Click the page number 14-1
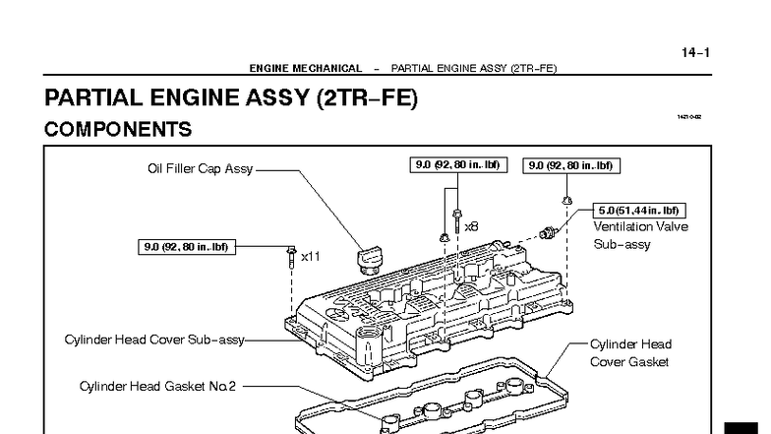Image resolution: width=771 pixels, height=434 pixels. pyautogui.click(x=695, y=52)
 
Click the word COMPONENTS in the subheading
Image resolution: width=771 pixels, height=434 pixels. pyautogui.click(x=118, y=129)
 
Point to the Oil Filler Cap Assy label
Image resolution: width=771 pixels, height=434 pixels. pyautogui.click(x=201, y=168)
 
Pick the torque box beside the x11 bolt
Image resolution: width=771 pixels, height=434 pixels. pyautogui.click(x=185, y=247)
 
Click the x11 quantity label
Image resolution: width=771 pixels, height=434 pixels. pyautogui.click(x=311, y=256)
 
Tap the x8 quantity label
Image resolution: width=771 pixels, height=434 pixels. pyautogui.click(x=471, y=226)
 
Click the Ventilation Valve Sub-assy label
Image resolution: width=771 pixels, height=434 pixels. pyautogui.click(x=640, y=235)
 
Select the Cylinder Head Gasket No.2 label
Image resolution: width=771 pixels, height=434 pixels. pyautogui.click(x=158, y=386)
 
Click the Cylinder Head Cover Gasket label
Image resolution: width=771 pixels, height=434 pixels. pyautogui.click(x=629, y=353)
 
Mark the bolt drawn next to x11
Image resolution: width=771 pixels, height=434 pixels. pyautogui.click(x=291, y=258)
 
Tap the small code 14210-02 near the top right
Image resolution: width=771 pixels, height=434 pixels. pyautogui.click(x=688, y=117)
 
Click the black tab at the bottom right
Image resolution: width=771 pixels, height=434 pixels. pyautogui.click(x=747, y=427)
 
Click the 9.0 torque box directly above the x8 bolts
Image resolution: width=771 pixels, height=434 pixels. pyautogui.click(x=458, y=165)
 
